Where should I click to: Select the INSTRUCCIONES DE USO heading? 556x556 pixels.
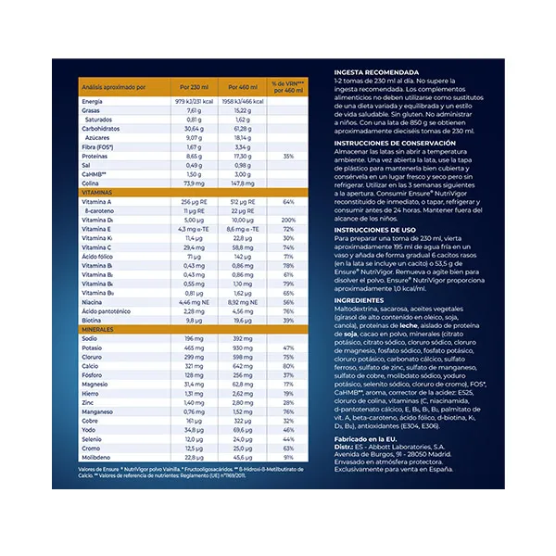pos(376,227)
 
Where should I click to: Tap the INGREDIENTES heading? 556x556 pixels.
pos(359,301)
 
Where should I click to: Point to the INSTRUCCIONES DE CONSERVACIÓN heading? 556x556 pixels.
pos(400,143)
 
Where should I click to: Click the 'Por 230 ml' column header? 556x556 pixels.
pos(197,87)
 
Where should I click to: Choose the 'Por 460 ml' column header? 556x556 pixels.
pos(243,87)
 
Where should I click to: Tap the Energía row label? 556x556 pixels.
pos(93,101)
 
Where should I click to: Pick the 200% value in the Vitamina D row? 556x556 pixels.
pos(289,219)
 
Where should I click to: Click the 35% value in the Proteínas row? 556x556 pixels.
pos(289,156)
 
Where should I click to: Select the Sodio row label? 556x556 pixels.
pos(91,339)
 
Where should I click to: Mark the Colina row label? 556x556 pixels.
pos(92,183)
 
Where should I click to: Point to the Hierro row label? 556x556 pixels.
pos(92,394)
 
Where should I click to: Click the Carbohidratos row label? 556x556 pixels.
pos(101,129)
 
